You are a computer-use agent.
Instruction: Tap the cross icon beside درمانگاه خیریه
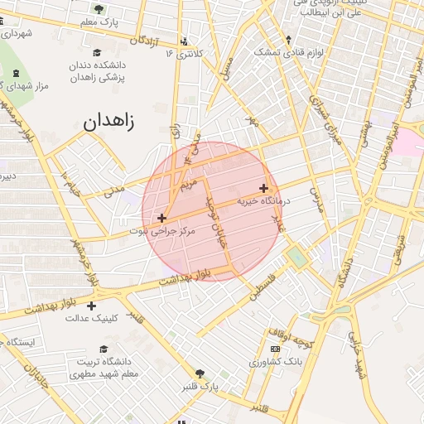coord(263,188)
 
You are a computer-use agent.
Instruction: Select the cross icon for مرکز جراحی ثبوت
coord(161,218)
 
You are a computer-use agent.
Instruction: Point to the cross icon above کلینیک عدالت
coord(91,306)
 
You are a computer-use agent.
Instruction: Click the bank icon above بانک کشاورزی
coord(275,349)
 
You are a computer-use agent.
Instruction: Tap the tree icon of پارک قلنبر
coord(199,373)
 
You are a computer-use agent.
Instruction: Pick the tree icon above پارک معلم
coord(99,9)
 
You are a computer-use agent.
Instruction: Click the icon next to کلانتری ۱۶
coord(183,41)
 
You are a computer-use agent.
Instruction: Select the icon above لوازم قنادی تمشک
coord(288,39)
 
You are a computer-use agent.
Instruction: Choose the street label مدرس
coord(315,200)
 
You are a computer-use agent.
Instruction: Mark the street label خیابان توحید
coord(218,224)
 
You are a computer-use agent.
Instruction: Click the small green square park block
coord(296,258)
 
